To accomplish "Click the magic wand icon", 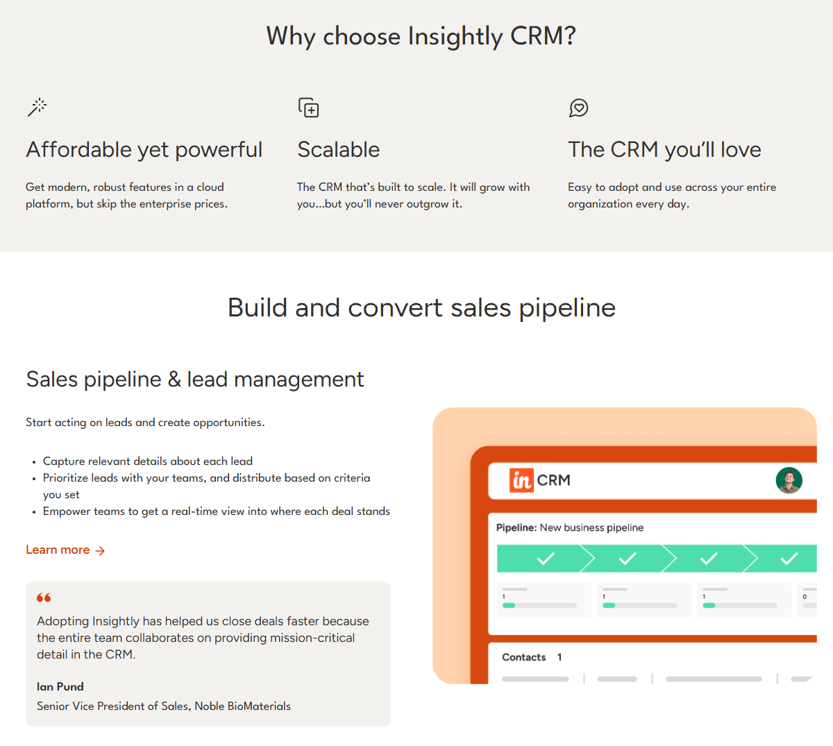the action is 37,108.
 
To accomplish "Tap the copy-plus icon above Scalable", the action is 308,108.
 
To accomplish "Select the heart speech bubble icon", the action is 578,108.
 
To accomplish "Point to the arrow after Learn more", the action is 100,550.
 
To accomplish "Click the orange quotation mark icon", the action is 44,597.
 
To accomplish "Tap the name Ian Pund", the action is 60,686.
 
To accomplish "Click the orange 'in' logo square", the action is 521,480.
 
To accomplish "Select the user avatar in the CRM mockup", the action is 789,480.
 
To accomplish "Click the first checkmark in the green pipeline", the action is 546,558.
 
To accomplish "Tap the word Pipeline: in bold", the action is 516,527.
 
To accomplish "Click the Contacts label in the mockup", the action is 524,656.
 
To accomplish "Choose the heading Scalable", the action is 338,149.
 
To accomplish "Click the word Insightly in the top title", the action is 455,37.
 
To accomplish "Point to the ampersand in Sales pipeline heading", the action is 174,379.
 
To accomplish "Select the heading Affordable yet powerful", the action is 144,150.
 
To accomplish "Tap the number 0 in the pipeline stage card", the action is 805,596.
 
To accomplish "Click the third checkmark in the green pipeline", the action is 709,558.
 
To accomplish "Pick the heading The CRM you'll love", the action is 664,150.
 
